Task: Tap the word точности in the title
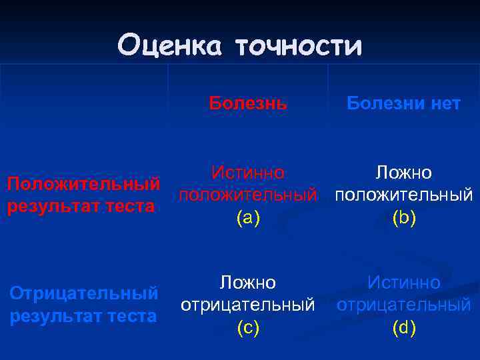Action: [298, 46]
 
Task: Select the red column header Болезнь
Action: [248, 103]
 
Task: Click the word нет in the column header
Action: [441, 103]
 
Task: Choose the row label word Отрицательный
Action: [84, 293]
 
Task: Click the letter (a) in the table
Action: [248, 218]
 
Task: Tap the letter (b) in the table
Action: [404, 218]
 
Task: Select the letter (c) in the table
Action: [248, 327]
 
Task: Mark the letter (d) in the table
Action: [404, 327]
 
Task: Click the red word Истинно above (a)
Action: [248, 173]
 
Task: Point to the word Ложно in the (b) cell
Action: [404, 173]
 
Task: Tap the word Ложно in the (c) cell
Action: [248, 283]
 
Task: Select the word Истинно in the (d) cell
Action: [404, 283]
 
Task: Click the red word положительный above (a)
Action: [248, 195]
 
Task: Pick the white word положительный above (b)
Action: [404, 195]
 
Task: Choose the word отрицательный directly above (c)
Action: [248, 305]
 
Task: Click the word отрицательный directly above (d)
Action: [404, 305]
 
